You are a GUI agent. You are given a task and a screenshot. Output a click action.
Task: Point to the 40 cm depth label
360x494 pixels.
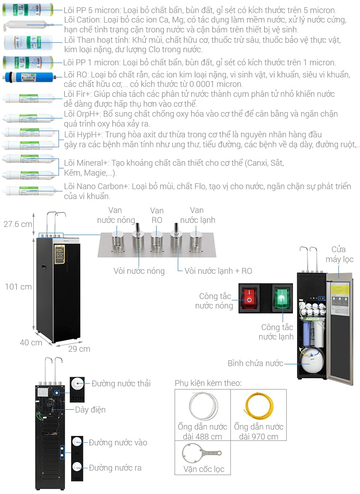(31, 342)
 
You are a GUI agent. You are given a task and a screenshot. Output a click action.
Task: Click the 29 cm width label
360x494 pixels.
(79, 349)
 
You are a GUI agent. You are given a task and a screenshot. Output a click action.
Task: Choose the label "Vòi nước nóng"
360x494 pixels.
(139, 271)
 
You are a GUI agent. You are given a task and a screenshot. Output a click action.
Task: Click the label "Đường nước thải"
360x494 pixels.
(121, 383)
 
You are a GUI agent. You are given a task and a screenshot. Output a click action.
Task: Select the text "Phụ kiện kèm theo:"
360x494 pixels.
(208, 383)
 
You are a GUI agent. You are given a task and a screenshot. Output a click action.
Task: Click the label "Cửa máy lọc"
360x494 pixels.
(342, 254)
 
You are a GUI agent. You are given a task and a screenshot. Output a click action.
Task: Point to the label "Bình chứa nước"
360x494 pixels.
(255, 363)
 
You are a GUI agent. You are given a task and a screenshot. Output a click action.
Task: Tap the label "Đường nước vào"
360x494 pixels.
(117, 442)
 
